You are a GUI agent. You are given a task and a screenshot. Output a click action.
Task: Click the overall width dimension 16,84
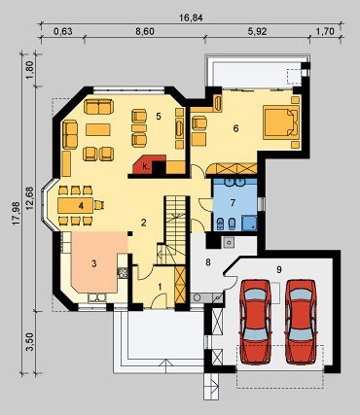192,17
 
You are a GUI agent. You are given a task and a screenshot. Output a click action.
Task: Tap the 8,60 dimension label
145,31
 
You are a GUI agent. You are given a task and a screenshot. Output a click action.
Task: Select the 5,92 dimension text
257,31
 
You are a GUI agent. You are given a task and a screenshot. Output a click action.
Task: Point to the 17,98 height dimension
17,213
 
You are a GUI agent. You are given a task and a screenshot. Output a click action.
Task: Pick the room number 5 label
159,116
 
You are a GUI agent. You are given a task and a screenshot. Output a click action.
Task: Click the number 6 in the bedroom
235,128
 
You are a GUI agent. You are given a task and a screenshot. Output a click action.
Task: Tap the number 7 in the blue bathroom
233,203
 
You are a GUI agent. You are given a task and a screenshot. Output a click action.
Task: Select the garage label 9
279,269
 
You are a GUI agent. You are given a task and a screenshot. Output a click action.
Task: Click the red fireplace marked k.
146,165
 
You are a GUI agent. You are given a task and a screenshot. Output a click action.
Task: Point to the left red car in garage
255,321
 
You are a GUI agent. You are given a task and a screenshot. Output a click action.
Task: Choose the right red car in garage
301,321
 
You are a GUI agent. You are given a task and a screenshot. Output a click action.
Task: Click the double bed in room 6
281,122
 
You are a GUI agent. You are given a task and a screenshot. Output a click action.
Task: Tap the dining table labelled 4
76,205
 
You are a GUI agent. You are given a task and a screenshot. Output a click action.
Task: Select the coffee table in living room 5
98,129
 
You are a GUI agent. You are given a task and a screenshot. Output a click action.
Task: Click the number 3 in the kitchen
94,263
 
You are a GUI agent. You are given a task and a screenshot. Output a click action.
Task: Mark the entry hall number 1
160,286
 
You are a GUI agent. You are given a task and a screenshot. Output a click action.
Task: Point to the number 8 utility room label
208,262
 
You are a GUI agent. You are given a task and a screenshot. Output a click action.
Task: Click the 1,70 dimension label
325,31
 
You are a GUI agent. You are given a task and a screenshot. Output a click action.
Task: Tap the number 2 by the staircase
143,223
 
